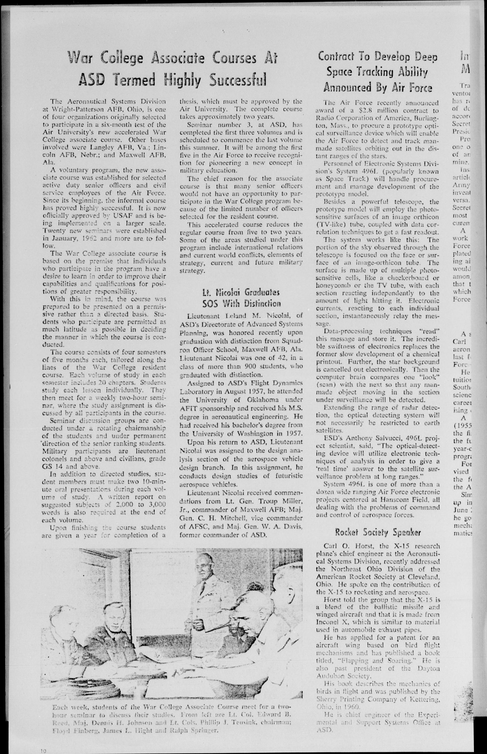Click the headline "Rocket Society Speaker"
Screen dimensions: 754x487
378,533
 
